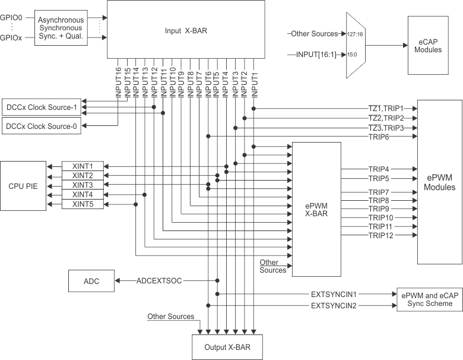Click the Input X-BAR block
click(186, 30)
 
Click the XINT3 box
click(83, 185)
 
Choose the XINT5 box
click(83, 204)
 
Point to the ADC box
click(91, 280)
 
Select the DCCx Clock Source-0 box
click(42, 126)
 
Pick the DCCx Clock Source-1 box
click(42, 108)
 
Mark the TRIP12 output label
click(380, 235)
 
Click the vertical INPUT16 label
click(118, 81)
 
